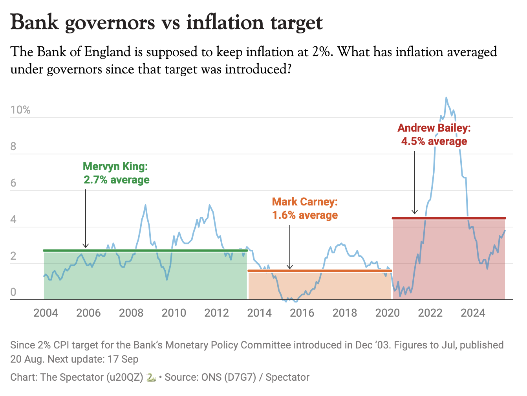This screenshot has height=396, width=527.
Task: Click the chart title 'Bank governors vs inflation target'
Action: [167, 22]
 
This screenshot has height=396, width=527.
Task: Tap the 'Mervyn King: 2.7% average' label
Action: [116, 173]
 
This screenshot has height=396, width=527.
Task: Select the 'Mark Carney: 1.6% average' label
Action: [305, 209]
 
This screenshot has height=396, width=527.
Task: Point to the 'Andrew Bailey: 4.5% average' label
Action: [434, 134]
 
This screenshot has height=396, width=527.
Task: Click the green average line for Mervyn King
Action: [145, 250]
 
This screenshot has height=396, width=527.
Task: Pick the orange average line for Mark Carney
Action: [320, 271]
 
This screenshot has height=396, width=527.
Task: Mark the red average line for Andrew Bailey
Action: [449, 218]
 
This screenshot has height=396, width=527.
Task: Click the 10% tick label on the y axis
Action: [20, 110]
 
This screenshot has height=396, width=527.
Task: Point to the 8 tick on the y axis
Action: [13, 147]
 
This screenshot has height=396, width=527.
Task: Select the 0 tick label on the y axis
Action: [13, 292]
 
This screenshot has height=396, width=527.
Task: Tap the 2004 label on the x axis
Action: [46, 313]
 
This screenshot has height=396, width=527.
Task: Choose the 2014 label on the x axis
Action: [259, 313]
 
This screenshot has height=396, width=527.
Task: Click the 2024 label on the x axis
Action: [473, 313]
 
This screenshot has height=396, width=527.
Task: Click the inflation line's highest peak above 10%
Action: [446, 97]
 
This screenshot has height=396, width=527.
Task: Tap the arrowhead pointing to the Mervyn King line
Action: [86, 246]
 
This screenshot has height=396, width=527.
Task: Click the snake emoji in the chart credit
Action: [151, 378]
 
